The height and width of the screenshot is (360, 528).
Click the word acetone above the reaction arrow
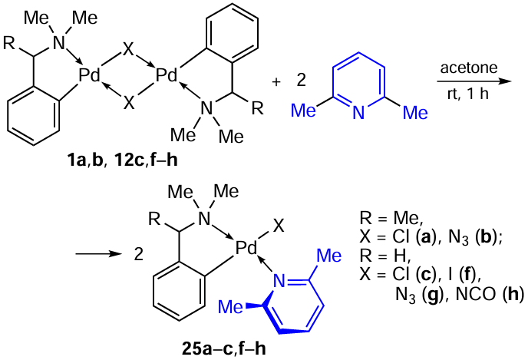click(469, 68)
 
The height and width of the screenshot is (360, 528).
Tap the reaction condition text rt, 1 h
click(468, 94)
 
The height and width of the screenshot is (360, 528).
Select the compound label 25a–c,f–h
click(224, 349)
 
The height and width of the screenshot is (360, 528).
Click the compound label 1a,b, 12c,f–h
click(123, 160)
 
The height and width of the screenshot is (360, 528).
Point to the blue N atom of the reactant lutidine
click(358, 113)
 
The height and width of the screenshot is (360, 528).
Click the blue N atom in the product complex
click(279, 281)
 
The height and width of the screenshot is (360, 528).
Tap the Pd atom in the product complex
click(246, 248)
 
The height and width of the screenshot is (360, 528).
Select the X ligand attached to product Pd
click(279, 226)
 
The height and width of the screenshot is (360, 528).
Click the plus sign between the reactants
click(276, 82)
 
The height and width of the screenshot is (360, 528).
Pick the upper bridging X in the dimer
click(128, 50)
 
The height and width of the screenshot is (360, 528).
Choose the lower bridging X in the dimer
click(129, 102)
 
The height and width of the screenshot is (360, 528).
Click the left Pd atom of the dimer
click(90, 75)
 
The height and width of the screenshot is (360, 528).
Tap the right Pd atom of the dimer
click(167, 75)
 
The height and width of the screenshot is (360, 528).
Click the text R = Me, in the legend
click(391, 218)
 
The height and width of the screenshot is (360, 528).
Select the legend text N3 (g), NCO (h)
click(460, 295)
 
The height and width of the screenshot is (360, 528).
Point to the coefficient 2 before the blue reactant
click(302, 81)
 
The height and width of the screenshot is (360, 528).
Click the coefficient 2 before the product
click(139, 254)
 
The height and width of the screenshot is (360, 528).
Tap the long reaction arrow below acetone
click(474, 81)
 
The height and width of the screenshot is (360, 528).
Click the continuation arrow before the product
click(98, 254)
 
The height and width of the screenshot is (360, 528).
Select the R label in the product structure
click(154, 220)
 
